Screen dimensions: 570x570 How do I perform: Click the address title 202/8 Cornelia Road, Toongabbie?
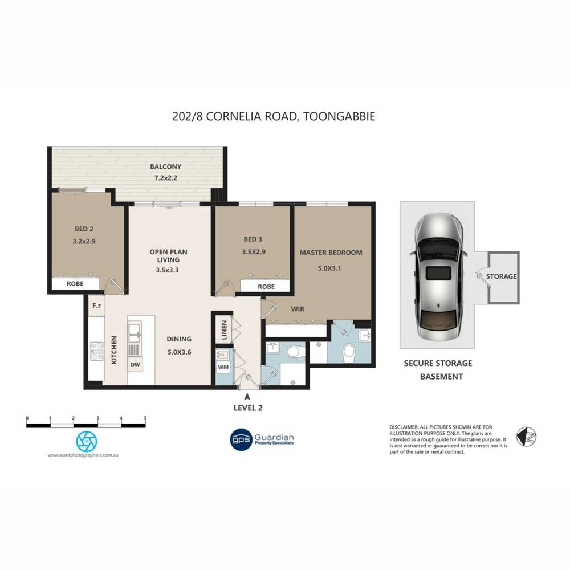[274, 117]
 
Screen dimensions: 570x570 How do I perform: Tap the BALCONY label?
[165, 167]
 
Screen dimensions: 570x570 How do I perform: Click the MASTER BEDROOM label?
[331, 252]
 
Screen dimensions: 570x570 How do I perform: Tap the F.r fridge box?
[96, 306]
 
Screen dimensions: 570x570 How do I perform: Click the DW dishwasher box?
[135, 364]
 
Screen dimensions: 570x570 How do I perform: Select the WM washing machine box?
[223, 367]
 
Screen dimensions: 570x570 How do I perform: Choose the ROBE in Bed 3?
[266, 287]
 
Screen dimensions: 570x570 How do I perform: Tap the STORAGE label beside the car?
[501, 276]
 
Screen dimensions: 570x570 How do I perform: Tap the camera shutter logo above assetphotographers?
[87, 439]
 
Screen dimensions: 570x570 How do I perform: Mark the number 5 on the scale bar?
[145, 418]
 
